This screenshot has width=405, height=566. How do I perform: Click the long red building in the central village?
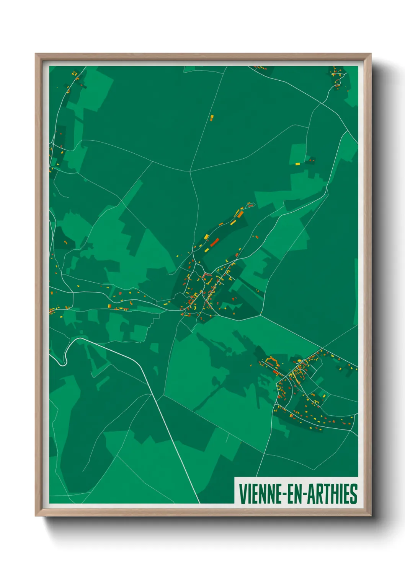(x=214, y=242)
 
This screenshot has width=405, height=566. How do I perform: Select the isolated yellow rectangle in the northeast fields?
(x=297, y=164)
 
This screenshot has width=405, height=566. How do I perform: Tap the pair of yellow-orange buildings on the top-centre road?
(x=211, y=117)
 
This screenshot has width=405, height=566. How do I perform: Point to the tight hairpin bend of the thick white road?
(x=65, y=358)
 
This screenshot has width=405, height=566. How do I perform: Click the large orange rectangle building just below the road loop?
(x=240, y=215)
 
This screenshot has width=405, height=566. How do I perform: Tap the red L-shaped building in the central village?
(x=207, y=275)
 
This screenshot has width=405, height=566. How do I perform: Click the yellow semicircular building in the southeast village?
(x=299, y=360)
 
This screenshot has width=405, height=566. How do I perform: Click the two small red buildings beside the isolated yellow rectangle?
(x=311, y=160)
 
